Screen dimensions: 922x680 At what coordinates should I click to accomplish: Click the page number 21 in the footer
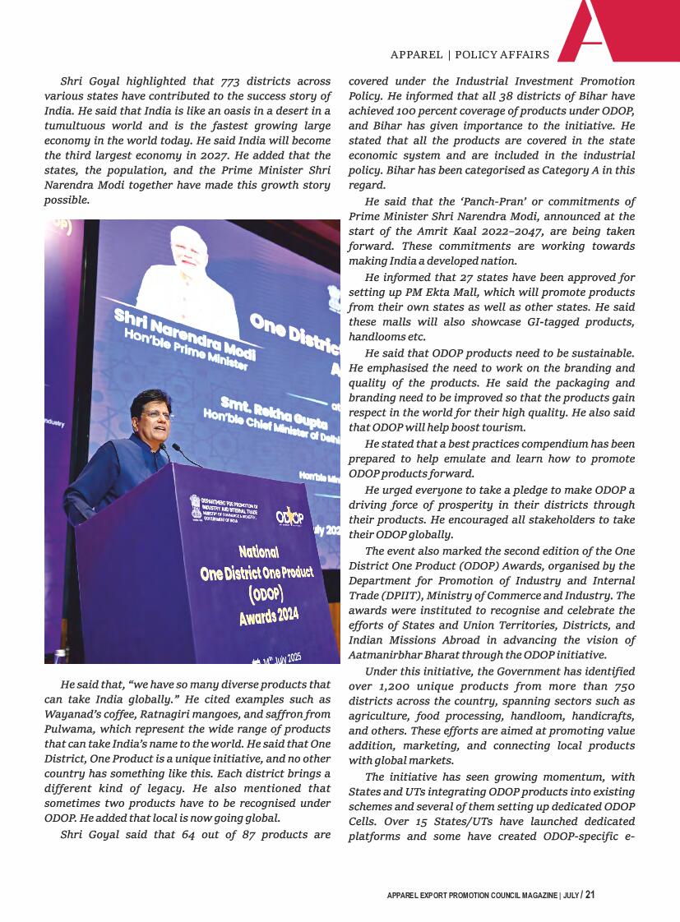(x=590, y=895)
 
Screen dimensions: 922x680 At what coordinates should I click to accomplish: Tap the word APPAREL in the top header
(x=416, y=55)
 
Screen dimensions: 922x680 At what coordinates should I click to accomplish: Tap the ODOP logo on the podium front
(x=289, y=515)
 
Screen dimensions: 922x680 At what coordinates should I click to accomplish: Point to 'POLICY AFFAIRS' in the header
(x=502, y=55)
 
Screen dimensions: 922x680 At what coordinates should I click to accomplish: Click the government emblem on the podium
(x=195, y=503)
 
